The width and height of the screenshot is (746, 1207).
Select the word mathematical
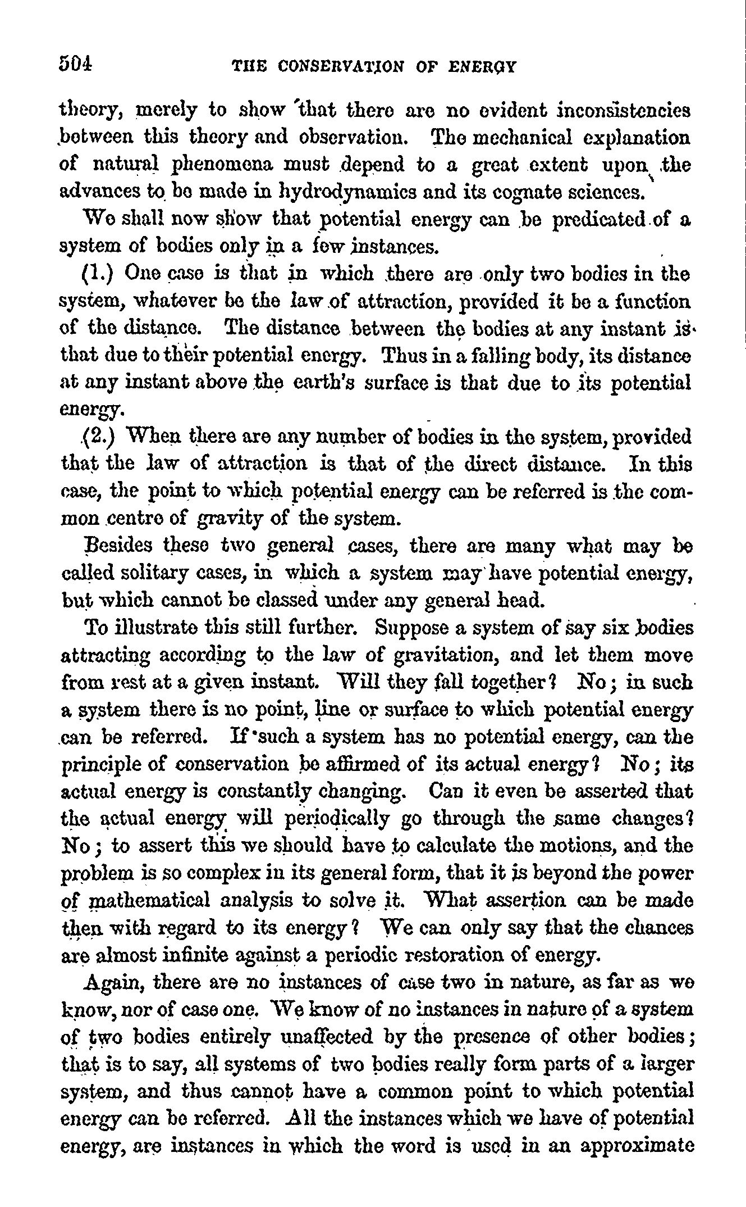click(148, 901)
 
